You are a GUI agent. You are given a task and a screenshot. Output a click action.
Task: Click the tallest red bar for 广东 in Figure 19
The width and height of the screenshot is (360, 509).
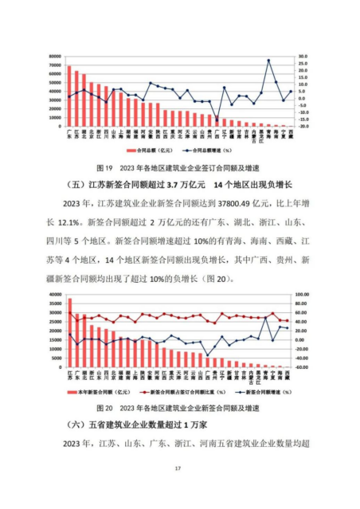pos(69,96)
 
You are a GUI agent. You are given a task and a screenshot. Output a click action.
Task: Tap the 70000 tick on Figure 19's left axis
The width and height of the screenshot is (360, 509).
pos(55,57)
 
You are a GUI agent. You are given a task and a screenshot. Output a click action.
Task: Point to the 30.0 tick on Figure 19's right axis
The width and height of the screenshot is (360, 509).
pos(303,57)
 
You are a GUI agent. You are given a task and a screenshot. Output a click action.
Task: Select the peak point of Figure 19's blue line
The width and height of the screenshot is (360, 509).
pos(268,60)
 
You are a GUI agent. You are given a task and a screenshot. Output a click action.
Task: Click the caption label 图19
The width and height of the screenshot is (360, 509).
pos(103,169)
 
